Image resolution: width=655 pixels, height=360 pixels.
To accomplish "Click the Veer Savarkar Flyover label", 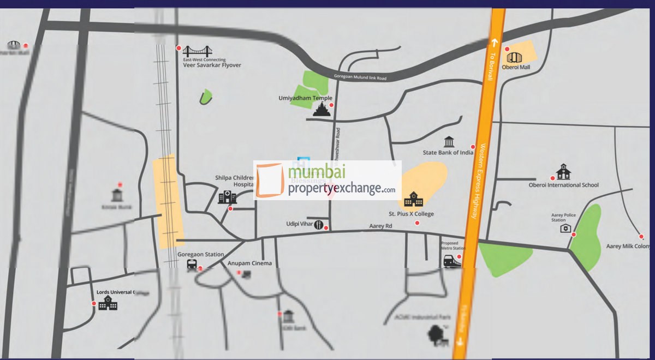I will [x=212, y=65].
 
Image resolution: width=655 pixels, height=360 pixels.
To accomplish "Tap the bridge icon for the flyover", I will [x=198, y=52].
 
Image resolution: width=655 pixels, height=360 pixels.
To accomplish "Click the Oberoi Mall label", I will [x=516, y=68].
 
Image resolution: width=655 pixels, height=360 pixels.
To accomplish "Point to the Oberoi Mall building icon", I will [x=514, y=57].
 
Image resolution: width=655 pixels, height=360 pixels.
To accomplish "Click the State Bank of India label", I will [x=448, y=153].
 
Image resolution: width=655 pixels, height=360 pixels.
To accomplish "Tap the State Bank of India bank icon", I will [x=449, y=142].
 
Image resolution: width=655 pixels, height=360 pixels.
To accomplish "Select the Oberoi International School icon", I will [x=563, y=172].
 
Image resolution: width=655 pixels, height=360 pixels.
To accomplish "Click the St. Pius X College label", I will [x=411, y=214].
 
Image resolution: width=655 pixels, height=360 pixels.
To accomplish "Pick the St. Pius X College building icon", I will [x=413, y=199].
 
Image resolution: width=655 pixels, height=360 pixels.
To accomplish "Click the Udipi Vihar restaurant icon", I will [x=318, y=227].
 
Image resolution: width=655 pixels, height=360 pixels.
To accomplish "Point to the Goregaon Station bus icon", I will [x=192, y=265].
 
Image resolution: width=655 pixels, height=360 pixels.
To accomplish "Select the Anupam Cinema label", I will [x=249, y=263].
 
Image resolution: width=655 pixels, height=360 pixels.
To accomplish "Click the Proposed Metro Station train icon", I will [x=452, y=261].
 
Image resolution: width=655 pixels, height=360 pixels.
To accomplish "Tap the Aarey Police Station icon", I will [x=565, y=228].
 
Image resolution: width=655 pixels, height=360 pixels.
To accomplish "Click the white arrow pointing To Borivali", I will [x=495, y=42].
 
